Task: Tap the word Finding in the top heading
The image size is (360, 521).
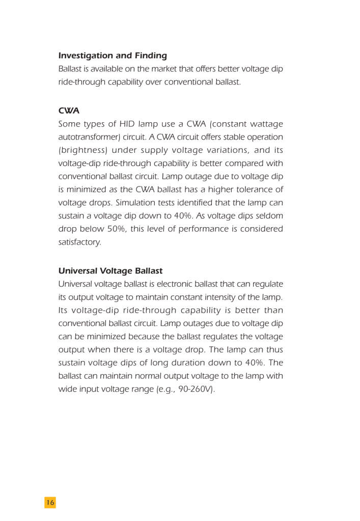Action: pos(151,55)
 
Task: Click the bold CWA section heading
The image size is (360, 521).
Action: pos(69,111)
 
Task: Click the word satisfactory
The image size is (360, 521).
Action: pos(79,243)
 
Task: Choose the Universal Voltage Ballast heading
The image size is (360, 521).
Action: pos(110,270)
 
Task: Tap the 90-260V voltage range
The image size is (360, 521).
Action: pos(195,390)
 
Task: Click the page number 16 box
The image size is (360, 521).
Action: pos(50,502)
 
